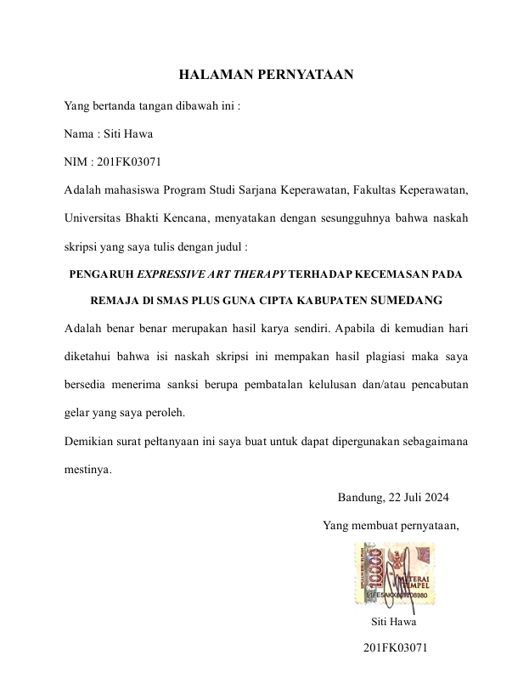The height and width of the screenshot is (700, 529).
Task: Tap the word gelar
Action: click(78, 413)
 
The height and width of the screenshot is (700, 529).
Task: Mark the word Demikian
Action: click(90, 441)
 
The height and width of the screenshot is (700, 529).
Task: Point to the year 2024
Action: click(434, 497)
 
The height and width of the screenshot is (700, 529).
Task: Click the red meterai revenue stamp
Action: click(395, 573)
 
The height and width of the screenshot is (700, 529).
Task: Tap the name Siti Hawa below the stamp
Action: click(394, 622)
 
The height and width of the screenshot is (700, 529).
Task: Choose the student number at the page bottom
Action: click(394, 648)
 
